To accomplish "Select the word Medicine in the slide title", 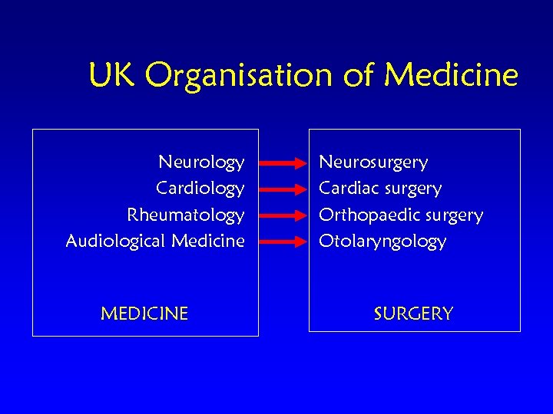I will coord(451,75).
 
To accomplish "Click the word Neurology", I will coord(201,163).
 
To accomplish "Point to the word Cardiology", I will coord(200,189).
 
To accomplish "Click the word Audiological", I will coord(116,241).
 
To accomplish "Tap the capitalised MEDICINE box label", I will coord(144,314).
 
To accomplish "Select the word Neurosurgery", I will coord(373,163).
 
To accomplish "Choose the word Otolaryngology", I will coord(382,242).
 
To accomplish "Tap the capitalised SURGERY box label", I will coord(413,314).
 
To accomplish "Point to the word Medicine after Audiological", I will coord(208,241).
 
